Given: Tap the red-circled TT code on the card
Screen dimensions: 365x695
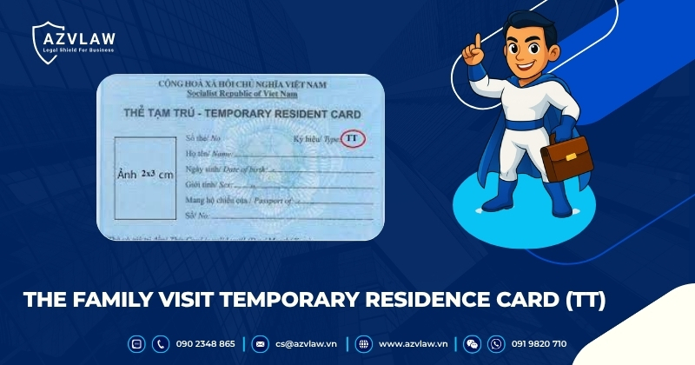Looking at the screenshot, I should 352,139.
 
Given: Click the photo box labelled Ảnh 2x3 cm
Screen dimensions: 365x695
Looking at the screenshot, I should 145,175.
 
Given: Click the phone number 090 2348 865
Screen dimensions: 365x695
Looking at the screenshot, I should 205,344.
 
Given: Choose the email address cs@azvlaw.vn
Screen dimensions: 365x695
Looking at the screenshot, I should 307,344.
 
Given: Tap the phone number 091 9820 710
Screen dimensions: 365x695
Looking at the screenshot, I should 539,344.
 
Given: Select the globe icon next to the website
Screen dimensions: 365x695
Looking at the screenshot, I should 363,344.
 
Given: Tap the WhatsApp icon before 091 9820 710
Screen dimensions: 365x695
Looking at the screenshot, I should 496,344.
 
